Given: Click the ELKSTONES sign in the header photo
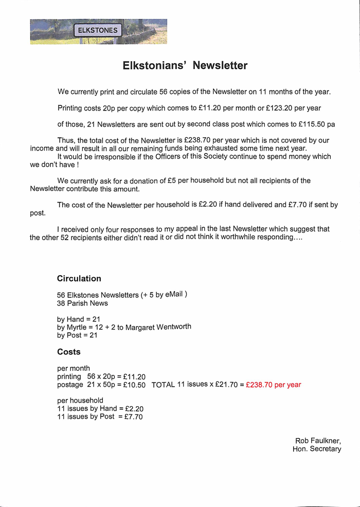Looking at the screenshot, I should pyautogui.click(x=98, y=30).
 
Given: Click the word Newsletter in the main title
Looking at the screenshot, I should pyautogui.click(x=220, y=66).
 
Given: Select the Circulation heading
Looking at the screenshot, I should pyautogui.click(x=79, y=279).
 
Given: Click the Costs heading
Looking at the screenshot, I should pyautogui.click(x=69, y=352).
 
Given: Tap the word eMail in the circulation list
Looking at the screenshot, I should pyautogui.click(x=174, y=294).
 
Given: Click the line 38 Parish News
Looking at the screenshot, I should pyautogui.click(x=82, y=303).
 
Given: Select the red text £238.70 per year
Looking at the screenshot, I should pyautogui.click(x=274, y=385).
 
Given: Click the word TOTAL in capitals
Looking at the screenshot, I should pyautogui.click(x=163, y=385).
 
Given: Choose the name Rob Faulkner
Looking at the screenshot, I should pyautogui.click(x=318, y=441).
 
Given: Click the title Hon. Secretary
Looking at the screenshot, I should pyautogui.click(x=317, y=449).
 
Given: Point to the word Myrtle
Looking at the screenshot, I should pyautogui.click(x=76, y=327).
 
